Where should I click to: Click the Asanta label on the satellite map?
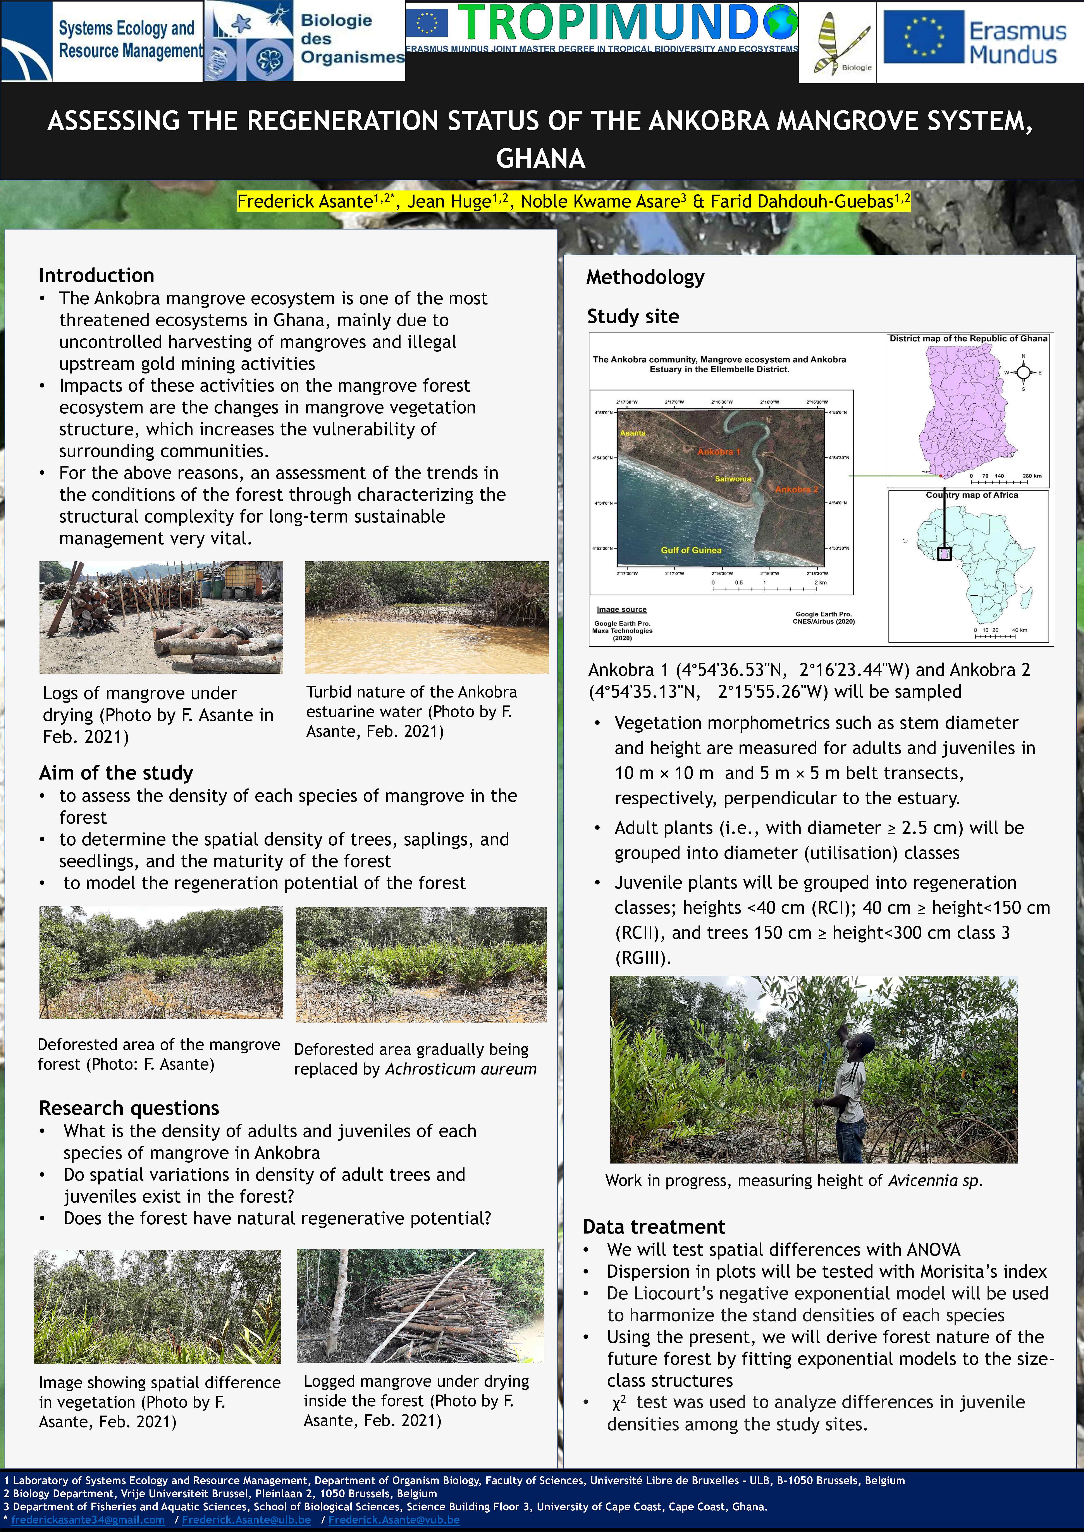point(633,433)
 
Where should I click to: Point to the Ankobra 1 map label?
point(719,452)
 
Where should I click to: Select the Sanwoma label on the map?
point(732,478)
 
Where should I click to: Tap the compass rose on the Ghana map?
point(1023,372)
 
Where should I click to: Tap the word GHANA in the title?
point(541,159)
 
